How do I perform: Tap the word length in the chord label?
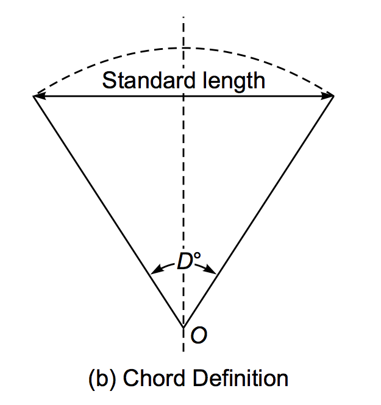tap(233, 80)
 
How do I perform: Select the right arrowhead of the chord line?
tap(330, 96)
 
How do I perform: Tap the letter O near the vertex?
tap(198, 335)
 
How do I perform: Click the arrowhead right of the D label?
tap(212, 269)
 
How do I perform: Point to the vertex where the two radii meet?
tap(183, 326)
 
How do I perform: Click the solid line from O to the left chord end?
tap(109, 211)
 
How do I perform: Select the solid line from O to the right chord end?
tap(258, 211)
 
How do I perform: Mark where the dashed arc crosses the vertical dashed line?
tap(183, 48)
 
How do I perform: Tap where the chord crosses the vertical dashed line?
tap(183, 96)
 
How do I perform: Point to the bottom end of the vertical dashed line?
tap(183, 351)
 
